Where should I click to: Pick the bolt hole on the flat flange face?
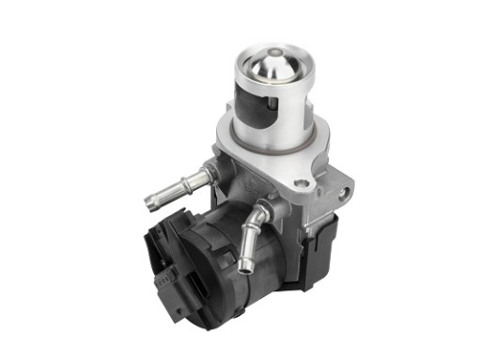tap(300, 182)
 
